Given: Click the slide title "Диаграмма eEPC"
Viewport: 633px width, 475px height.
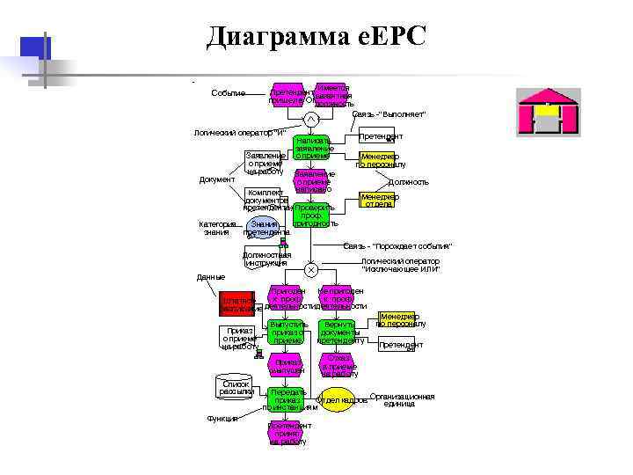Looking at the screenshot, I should (x=316, y=36).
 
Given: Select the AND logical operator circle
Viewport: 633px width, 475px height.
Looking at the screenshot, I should (x=310, y=120).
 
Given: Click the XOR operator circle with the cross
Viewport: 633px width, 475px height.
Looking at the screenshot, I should (x=310, y=269).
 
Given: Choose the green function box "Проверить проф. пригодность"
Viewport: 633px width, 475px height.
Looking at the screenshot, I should (x=314, y=215).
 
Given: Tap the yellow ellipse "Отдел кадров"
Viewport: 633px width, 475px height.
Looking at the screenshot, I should (x=337, y=399).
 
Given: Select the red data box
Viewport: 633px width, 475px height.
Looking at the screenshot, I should (x=236, y=303).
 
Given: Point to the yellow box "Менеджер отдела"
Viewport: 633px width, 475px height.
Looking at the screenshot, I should (x=380, y=201).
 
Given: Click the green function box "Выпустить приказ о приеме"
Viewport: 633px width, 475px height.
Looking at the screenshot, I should (x=288, y=333).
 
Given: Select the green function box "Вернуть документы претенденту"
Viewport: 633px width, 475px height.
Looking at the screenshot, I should (x=338, y=333).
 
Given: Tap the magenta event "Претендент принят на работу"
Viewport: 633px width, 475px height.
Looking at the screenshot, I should (x=288, y=433).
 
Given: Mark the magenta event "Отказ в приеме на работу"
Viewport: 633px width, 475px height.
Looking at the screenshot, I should (x=338, y=365).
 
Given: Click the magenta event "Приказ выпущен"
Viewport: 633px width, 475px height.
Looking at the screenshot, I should (x=288, y=365).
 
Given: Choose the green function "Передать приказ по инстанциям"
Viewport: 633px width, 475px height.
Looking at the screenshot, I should (x=288, y=399).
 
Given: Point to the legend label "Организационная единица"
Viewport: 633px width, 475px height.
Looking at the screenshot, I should (x=403, y=400).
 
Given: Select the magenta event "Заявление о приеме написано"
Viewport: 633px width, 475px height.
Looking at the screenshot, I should (x=314, y=181).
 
